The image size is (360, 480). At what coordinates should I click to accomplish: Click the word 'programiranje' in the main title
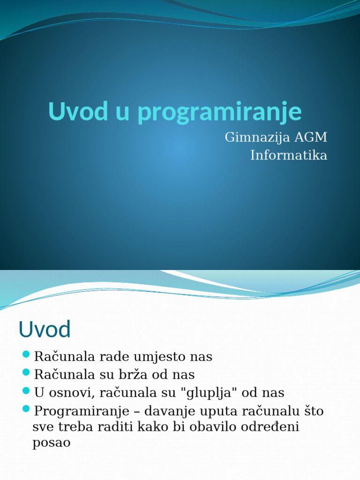tap(220, 112)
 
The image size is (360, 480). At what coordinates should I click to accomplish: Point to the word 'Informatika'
tap(289, 155)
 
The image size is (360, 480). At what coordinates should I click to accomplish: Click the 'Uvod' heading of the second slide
tap(45, 330)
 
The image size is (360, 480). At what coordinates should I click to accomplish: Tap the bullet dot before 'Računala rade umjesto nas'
tap(26, 354)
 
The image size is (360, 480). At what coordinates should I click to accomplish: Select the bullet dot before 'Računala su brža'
tap(26, 372)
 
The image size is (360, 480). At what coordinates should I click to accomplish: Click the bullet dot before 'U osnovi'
tap(26, 390)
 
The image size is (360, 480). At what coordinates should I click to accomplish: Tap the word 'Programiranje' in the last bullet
tap(82, 412)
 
